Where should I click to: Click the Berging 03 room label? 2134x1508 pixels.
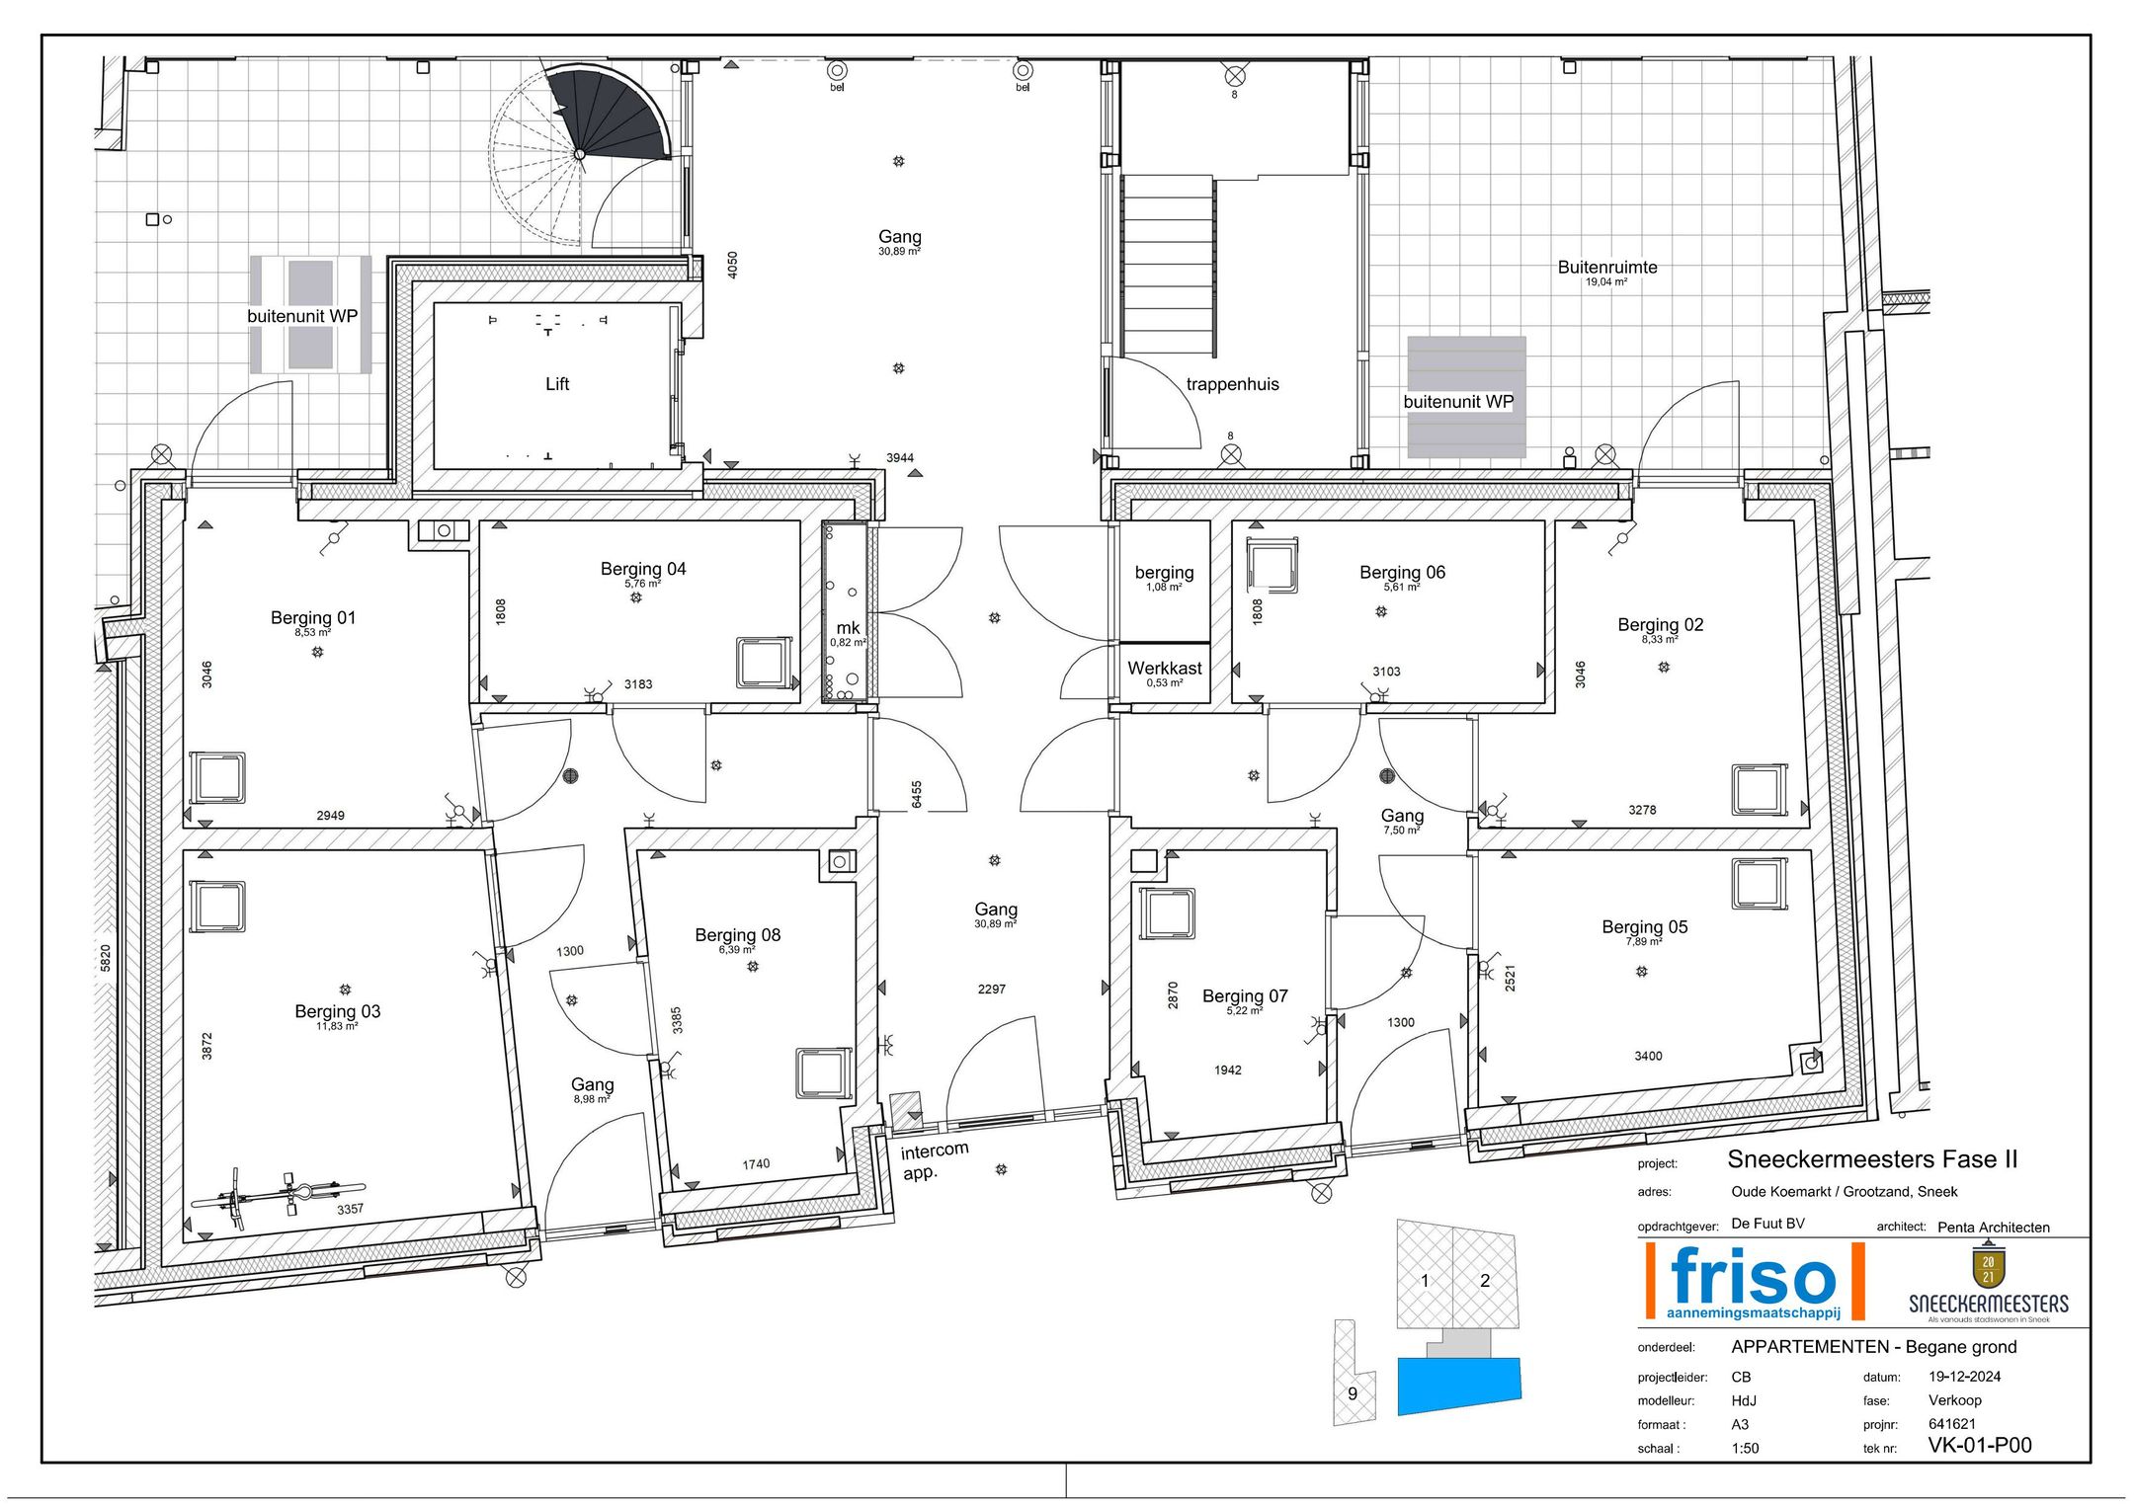(337, 1011)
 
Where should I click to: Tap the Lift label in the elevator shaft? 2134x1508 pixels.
(557, 384)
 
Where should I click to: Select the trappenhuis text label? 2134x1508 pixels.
(1232, 384)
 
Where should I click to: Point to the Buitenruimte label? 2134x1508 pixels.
(1607, 267)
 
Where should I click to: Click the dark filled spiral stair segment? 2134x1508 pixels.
(617, 114)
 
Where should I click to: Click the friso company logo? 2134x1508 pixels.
(1754, 1281)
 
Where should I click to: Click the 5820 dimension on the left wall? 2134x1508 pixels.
(106, 958)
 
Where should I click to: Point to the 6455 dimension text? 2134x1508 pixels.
(917, 794)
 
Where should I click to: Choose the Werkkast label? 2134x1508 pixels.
(1165, 669)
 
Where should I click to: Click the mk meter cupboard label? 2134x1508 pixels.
(848, 628)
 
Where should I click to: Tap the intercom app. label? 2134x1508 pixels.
(934, 1161)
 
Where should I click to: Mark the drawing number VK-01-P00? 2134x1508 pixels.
(1980, 1446)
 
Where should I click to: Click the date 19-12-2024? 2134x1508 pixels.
(1965, 1377)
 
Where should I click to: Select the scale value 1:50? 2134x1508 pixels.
(1746, 1449)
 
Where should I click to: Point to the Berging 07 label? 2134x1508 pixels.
(1245, 996)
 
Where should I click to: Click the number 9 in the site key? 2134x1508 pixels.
(1353, 1393)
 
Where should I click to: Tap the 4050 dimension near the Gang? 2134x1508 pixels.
(732, 265)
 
